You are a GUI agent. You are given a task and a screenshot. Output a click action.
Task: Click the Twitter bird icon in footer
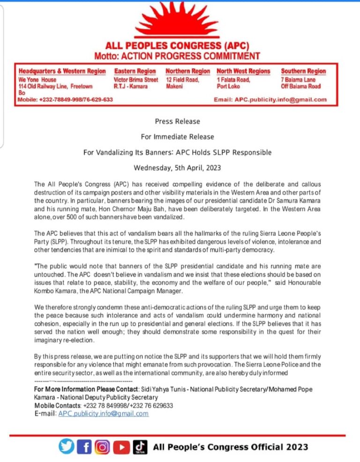click(67, 447)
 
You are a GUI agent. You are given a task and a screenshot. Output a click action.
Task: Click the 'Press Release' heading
click(177, 121)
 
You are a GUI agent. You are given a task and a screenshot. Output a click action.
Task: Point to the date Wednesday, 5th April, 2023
click(177, 167)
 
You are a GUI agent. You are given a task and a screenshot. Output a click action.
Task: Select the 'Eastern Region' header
click(135, 71)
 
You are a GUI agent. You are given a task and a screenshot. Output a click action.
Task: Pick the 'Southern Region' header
click(303, 71)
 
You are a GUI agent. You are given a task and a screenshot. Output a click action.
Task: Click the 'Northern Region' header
click(188, 71)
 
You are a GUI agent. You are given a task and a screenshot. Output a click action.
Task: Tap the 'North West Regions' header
click(243, 71)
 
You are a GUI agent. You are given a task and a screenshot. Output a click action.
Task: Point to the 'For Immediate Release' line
click(177, 137)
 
